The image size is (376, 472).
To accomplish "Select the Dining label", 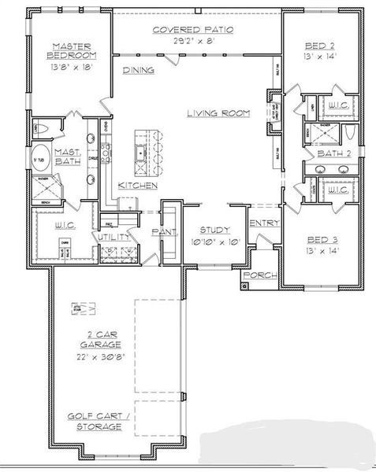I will (x=138, y=70).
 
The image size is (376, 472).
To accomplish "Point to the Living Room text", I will (x=218, y=113).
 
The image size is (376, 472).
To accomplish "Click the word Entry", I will (x=264, y=223).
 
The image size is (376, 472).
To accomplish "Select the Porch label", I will (x=257, y=275).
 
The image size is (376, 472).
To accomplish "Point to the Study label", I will (x=214, y=230).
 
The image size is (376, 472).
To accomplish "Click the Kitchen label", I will (x=138, y=185).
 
